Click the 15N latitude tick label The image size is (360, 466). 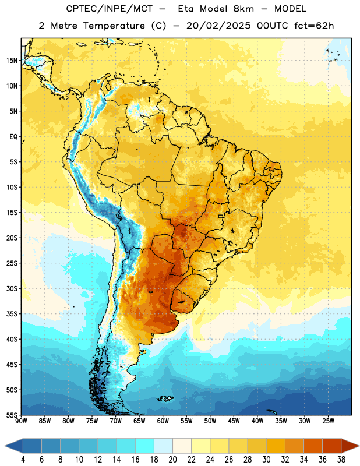[12, 61]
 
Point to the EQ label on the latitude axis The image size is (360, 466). [13, 137]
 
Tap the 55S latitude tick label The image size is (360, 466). [12, 415]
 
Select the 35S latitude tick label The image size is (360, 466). [12, 314]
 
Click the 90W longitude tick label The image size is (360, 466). [21, 421]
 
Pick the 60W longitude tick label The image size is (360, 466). [163, 421]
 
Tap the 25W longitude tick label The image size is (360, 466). [328, 421]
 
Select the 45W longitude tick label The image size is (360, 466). [234, 421]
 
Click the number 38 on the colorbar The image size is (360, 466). [341, 460]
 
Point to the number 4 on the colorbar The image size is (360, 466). [23, 460]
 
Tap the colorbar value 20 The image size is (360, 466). [172, 460]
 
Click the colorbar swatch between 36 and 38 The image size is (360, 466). [332, 446]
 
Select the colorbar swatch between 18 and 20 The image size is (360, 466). [163, 446]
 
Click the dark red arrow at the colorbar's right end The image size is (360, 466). [349, 446]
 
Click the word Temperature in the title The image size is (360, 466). [114, 26]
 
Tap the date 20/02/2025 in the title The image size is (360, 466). [218, 26]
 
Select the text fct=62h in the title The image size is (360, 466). [314, 26]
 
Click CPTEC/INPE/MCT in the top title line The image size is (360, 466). [109, 9]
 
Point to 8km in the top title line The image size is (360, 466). [243, 9]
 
